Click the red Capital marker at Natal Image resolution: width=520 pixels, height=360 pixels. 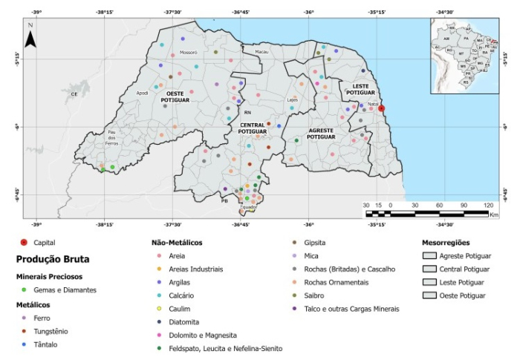382,108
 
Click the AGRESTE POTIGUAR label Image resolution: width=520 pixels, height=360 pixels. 322,134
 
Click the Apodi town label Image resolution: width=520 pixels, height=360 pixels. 143,94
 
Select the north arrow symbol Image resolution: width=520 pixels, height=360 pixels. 30,36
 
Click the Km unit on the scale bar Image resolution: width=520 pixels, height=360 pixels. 494,215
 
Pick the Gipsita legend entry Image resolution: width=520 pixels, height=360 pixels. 315,242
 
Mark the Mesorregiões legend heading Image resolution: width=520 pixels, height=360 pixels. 446,242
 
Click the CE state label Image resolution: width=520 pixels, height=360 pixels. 74,94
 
